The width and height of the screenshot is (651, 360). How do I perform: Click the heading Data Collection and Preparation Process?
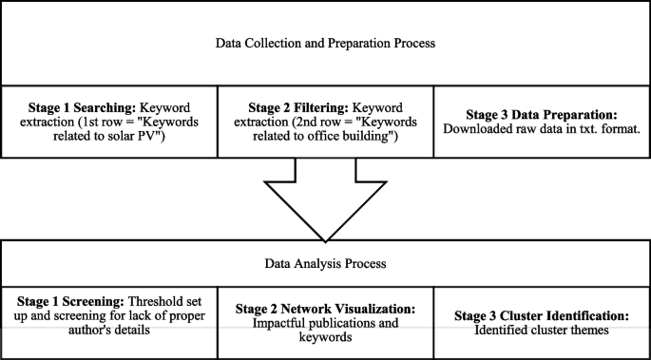click(325, 42)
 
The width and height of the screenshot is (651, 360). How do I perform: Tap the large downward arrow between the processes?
click(325, 199)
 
